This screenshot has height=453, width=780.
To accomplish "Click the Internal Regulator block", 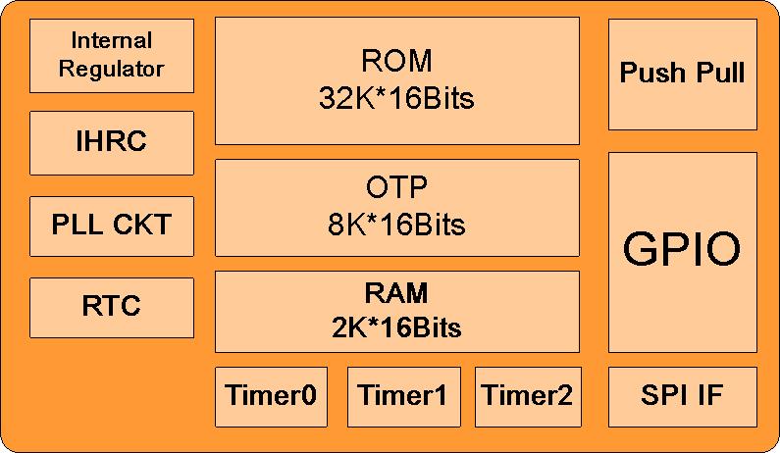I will tap(112, 55).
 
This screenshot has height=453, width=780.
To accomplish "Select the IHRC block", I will tap(112, 142).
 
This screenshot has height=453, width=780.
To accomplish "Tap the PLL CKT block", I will tap(112, 225).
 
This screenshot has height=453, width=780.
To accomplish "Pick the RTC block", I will tap(112, 307).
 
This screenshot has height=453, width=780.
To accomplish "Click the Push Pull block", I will tap(683, 74).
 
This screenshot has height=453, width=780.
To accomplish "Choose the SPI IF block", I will tap(683, 396).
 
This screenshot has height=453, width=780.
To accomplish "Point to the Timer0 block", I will tap(271, 396).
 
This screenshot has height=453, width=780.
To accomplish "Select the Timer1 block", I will tap(403, 396).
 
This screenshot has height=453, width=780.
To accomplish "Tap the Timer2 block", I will tap(528, 396).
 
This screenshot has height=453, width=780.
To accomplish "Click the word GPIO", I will tap(683, 250).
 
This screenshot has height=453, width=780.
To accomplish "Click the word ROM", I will tap(396, 61).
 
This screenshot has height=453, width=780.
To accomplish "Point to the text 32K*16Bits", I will tap(396, 98).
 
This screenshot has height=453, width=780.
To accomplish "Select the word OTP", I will tap(396, 187).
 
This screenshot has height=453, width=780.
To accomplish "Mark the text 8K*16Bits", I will tap(396, 225).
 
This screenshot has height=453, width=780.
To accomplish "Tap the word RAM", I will tap(396, 293).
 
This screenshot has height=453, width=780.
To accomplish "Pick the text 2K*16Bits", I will tap(396, 327).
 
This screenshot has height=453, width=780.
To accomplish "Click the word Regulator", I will tap(112, 70).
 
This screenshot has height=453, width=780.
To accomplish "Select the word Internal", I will tap(112, 41).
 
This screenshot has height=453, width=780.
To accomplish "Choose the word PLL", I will tap(76, 225).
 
